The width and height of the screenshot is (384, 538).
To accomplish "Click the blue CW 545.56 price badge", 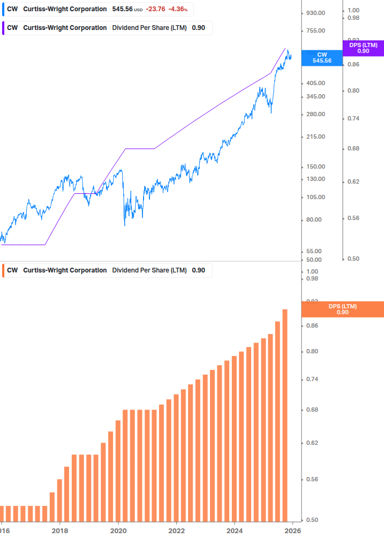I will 322,57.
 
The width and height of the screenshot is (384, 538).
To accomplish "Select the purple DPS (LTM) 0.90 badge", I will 363,48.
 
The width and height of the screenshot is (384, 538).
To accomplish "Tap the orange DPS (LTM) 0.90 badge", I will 343,309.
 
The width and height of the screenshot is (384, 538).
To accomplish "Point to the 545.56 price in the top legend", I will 122,9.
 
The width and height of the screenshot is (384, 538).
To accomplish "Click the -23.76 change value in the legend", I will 155,9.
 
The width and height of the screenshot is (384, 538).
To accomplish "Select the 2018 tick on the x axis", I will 59,531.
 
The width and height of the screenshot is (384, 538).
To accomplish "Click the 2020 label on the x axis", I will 118,531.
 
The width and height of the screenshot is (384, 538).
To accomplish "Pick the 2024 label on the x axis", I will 235,531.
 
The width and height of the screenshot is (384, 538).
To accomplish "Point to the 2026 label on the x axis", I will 292,531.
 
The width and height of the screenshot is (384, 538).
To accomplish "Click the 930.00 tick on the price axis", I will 315,13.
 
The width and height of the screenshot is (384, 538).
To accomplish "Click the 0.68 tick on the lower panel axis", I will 312,410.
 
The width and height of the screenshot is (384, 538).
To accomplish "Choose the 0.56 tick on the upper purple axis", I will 353,218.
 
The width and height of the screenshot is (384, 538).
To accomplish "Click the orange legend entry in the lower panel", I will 107,270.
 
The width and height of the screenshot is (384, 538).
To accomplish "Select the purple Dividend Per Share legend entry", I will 107,28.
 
